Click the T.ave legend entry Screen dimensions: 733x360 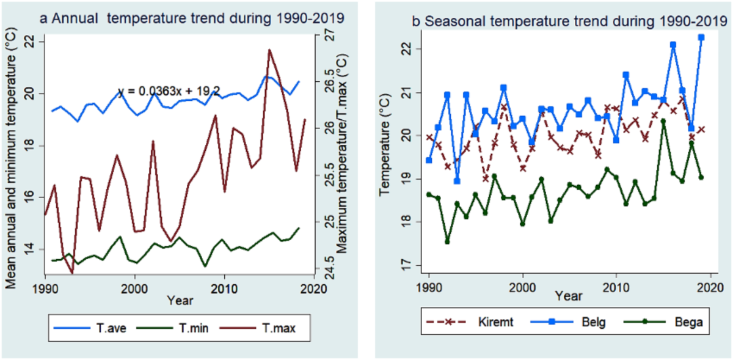(90, 328)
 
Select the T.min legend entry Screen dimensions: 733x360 (172, 328)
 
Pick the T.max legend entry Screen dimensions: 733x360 (258, 328)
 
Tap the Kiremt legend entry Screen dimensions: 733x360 (470, 321)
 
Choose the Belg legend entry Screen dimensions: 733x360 (568, 322)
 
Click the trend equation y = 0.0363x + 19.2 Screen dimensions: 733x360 (169, 90)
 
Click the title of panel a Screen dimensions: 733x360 (192, 18)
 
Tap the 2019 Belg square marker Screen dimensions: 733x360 (701, 37)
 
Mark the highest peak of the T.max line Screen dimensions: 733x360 (269, 50)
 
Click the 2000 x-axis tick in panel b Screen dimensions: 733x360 (523, 288)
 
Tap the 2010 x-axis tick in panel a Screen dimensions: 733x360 (224, 289)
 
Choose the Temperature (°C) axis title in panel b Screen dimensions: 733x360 (385, 145)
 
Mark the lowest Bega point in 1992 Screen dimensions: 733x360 (447, 242)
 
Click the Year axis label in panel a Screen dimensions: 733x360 (180, 300)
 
